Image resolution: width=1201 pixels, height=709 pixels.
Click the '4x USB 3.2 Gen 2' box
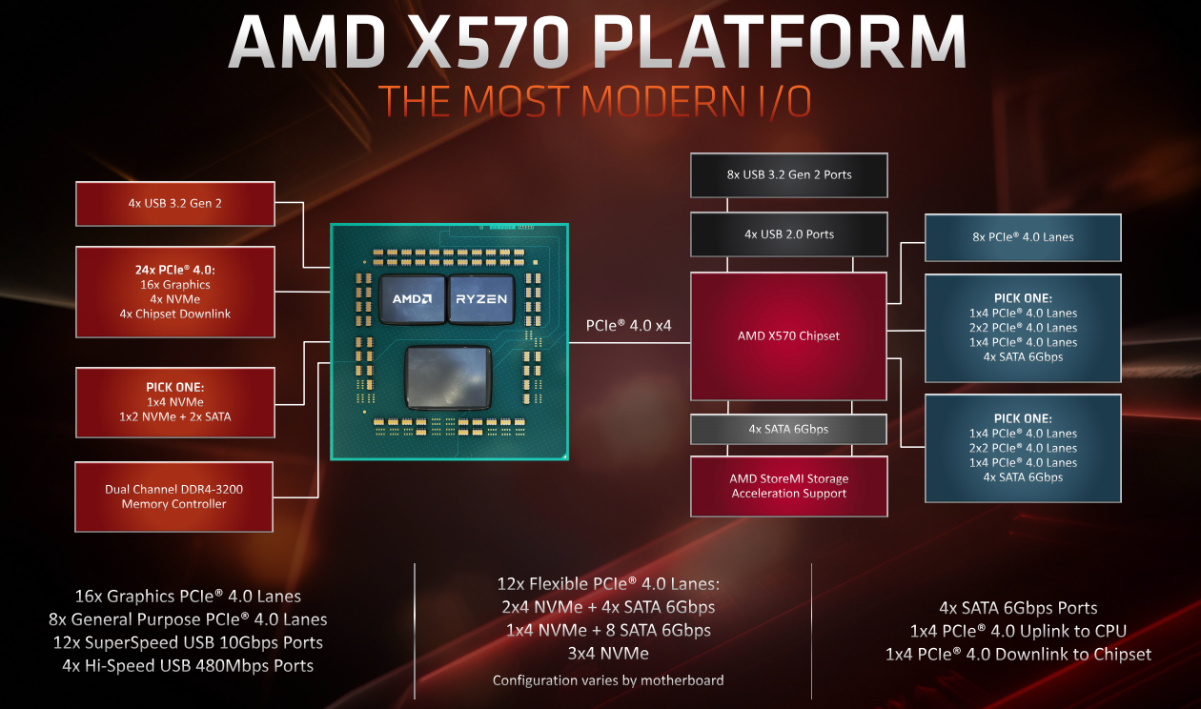point(175,204)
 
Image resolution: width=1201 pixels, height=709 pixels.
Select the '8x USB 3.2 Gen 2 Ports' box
point(788,175)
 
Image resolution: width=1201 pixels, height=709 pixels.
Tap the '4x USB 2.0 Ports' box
point(788,234)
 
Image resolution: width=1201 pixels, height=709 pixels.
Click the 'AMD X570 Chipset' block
point(788,336)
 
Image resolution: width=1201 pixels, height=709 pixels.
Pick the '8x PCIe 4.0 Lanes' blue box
point(1023,237)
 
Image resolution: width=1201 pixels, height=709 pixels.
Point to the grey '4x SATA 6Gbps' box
point(788,429)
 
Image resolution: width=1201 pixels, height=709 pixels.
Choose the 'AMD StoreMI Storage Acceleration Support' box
point(788,486)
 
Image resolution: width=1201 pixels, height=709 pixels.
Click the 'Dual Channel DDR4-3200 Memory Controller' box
point(174,496)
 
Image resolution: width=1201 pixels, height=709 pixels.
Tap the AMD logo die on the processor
point(413,299)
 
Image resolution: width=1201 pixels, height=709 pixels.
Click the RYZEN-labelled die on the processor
point(481,299)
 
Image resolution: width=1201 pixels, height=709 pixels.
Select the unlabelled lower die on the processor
point(448,377)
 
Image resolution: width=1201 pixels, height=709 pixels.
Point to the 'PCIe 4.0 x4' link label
point(628,325)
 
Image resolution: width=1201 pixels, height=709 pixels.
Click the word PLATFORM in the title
point(779,42)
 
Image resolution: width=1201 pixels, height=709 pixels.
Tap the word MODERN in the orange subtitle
point(663,101)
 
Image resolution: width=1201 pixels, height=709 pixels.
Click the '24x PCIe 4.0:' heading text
point(175,270)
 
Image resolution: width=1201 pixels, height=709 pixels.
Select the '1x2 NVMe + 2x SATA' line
point(175,416)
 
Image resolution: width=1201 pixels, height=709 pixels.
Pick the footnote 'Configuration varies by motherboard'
point(608,680)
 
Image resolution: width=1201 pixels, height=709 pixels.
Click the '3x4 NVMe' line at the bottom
point(608,654)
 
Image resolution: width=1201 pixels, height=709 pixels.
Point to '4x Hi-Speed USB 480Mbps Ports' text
point(188,665)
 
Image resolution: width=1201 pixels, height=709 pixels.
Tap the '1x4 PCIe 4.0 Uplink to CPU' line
point(1018,631)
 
